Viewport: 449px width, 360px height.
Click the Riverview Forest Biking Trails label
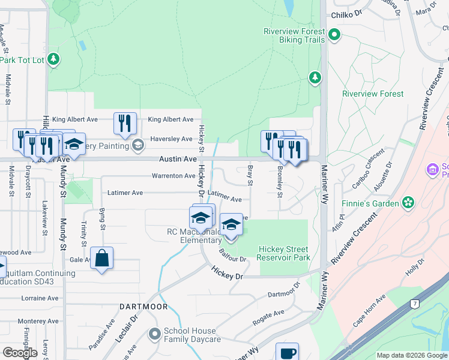[x=294, y=35]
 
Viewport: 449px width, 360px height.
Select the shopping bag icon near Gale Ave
[x=102, y=259]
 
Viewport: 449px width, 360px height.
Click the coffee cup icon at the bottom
[x=287, y=353]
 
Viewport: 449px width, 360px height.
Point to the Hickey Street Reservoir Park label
[x=283, y=253]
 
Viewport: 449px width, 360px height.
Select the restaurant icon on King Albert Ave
[x=125, y=124]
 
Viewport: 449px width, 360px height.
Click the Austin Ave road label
[x=178, y=159]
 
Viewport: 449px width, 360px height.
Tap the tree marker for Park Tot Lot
[x=54, y=59]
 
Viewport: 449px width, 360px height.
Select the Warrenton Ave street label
[x=173, y=176]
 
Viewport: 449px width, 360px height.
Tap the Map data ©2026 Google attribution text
[x=411, y=355]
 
